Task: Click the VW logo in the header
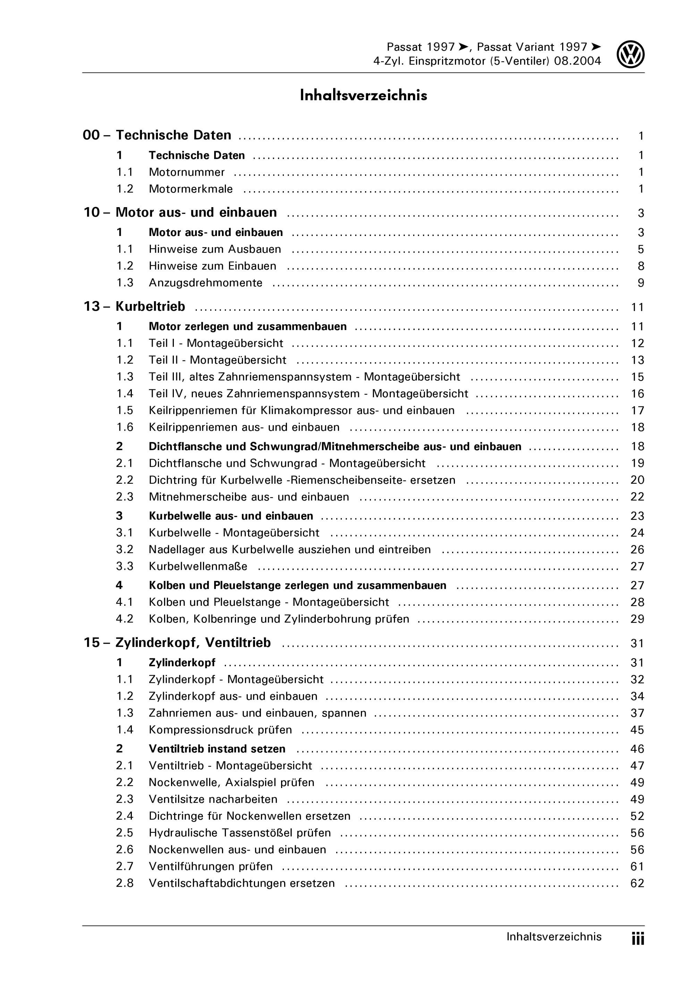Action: point(630,55)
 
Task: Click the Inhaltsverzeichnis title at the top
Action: point(363,95)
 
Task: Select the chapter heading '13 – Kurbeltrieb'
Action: point(134,306)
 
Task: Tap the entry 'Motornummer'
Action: point(186,172)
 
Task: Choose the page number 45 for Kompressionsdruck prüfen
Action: point(637,730)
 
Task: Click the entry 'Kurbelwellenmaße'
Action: point(198,566)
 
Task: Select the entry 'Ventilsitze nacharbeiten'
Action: point(213,799)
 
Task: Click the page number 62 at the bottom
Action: point(637,883)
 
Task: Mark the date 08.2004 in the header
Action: point(577,61)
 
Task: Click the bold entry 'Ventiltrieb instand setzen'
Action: point(217,748)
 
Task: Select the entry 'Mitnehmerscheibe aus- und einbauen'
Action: point(249,497)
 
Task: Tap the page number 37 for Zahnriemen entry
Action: point(637,713)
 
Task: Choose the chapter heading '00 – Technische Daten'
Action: point(157,135)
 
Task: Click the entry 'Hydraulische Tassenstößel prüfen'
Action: point(239,833)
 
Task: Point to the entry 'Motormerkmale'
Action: point(191,189)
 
